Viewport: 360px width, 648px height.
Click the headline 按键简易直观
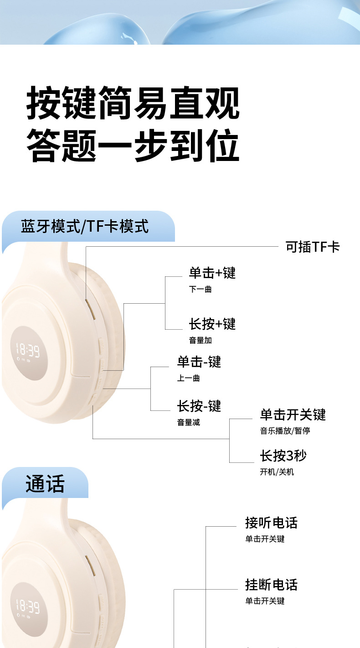133,103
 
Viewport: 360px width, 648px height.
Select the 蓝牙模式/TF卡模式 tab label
85,226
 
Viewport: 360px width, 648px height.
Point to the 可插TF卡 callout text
313,247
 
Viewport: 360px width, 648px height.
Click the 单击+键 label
212,273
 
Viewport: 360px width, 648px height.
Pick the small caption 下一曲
201,289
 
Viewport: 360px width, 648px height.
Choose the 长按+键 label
212,324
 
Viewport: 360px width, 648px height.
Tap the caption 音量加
201,340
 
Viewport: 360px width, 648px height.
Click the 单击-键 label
199,362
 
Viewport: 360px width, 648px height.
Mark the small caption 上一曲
189,378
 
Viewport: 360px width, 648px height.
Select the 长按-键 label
199,405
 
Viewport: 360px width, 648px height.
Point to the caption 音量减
189,422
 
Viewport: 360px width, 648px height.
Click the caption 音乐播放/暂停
285,430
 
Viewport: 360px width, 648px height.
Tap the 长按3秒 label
283,455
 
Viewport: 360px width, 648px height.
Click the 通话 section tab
45,484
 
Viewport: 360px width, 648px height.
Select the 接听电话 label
271,523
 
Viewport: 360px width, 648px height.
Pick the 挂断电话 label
271,584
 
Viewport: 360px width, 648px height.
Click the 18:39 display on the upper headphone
28,350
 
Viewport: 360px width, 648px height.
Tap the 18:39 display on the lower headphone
28,606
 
